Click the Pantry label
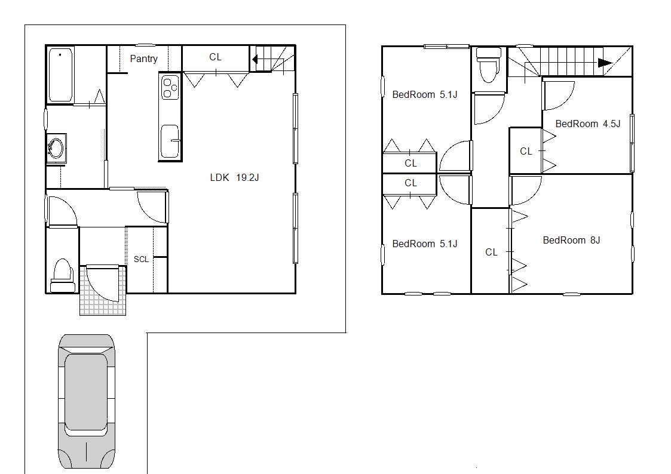tap(144, 59)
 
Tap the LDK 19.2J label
tap(234, 177)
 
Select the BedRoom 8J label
tap(571, 240)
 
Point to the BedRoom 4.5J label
tap(587, 124)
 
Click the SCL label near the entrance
tap(141, 259)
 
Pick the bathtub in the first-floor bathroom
tap(60, 75)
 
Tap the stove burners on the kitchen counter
tap(170, 88)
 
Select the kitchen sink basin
tap(170, 141)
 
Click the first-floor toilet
tap(63, 275)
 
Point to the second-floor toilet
tap(489, 64)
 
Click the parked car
tap(87, 401)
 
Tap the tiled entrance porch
tap(103, 291)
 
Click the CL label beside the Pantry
tap(215, 57)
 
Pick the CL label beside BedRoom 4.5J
tap(526, 151)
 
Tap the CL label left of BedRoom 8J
tap(491, 252)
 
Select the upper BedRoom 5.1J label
tap(425, 94)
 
